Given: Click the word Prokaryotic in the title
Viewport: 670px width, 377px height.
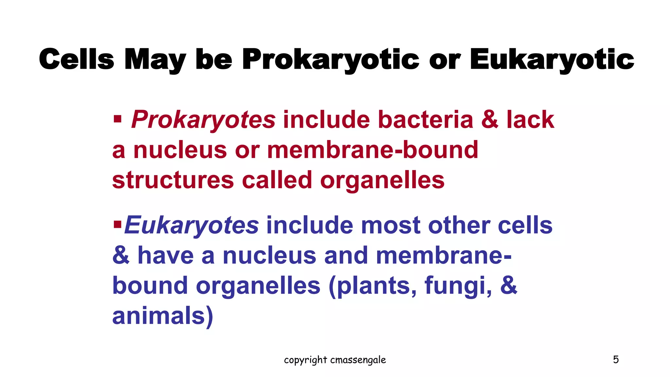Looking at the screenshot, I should [330, 60].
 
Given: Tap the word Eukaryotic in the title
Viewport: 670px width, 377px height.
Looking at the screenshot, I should [552, 60].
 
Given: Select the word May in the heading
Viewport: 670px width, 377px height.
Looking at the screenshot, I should [155, 60].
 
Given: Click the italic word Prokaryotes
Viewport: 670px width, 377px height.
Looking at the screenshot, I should [203, 120].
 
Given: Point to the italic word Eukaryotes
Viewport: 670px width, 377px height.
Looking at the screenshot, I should [192, 225].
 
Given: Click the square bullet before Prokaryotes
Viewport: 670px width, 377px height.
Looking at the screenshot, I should [117, 118].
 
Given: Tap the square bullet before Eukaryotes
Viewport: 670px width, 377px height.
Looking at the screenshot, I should [117, 224].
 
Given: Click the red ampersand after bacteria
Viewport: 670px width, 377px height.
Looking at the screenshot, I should [490, 120].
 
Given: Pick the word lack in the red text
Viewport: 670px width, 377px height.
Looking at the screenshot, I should [530, 120].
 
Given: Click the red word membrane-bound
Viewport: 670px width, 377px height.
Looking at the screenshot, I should [373, 150].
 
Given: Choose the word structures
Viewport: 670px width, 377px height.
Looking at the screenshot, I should [173, 180].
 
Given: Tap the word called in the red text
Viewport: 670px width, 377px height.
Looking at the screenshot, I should [277, 180].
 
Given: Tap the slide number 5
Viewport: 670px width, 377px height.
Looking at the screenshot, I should [616, 360].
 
